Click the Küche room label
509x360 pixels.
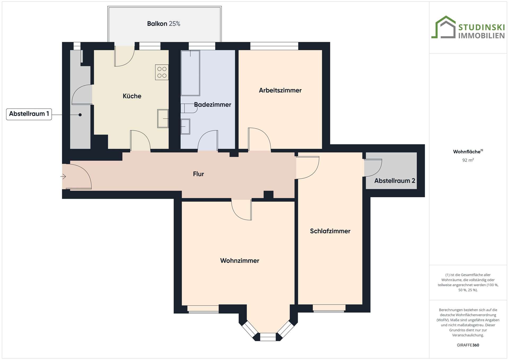(x=132, y=96)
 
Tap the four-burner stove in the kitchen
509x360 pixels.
(x=162, y=72)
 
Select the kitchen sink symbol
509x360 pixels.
(x=163, y=118)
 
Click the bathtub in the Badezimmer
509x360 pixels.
(x=190, y=73)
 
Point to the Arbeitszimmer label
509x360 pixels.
(x=280, y=90)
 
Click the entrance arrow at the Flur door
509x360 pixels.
(x=63, y=176)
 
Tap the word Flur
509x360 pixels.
(x=198, y=174)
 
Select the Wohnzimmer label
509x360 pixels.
(x=239, y=261)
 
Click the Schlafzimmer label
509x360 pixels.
(x=330, y=231)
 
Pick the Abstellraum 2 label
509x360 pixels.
(x=394, y=181)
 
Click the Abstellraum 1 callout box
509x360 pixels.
(x=29, y=114)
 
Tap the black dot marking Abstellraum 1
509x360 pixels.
(x=80, y=115)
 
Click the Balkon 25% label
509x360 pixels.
(x=164, y=24)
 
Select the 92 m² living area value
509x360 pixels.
(x=468, y=160)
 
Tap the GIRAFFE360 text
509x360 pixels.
(x=468, y=345)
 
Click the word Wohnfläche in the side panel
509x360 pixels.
(x=467, y=152)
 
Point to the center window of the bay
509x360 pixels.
(x=268, y=337)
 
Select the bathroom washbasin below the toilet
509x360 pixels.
(x=185, y=126)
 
